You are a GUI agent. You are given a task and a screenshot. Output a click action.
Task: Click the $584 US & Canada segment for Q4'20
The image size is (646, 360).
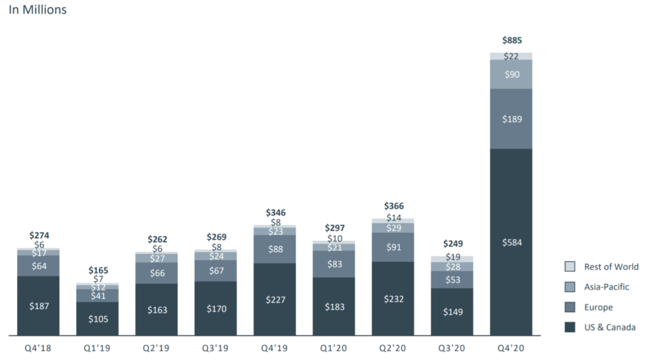coord(511,242)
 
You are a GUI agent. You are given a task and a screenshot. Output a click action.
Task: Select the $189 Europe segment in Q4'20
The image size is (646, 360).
coord(511,119)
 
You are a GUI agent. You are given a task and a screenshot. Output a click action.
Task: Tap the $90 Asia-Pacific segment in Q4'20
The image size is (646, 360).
coord(511,74)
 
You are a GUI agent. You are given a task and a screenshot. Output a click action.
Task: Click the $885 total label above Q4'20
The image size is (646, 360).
coord(511,40)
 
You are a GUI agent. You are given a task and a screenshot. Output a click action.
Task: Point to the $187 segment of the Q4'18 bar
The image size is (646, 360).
coord(38,306)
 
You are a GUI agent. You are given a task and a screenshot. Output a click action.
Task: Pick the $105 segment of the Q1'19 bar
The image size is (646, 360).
coord(98,318)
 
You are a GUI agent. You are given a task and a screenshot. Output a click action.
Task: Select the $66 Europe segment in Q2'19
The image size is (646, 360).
coord(156,272)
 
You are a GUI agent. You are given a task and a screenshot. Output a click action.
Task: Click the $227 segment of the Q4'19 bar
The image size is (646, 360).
coord(274,299)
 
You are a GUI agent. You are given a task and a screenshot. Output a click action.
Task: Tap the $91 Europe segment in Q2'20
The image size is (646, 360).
coord(392,247)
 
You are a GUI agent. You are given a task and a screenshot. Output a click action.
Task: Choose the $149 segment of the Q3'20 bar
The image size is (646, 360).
coord(452,311)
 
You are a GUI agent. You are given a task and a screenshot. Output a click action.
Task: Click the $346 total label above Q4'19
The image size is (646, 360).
coord(274,212)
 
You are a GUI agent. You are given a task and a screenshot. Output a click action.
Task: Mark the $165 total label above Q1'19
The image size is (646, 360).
coord(98,270)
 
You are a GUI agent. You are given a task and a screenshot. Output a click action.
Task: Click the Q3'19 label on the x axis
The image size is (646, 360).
coord(216,347)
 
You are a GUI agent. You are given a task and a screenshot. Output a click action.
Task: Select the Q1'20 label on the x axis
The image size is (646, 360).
coord(334,347)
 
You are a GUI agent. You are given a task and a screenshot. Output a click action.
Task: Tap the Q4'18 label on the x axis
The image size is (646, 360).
coord(38,347)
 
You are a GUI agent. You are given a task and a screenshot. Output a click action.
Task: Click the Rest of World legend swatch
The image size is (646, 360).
coord(570,267)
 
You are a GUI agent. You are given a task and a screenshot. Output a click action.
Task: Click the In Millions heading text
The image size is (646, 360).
coord(37,10)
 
